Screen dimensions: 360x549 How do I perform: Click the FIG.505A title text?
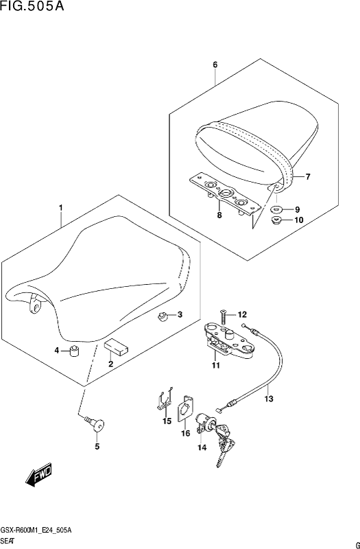click(32, 6)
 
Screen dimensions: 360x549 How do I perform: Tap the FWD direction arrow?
click(39, 475)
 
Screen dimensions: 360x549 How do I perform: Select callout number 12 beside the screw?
click(242, 315)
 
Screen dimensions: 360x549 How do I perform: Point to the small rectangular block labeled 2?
click(117, 347)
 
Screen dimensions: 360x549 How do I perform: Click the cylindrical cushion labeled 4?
click(74, 350)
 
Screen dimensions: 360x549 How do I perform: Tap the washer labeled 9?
click(276, 209)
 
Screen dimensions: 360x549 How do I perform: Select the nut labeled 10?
click(276, 220)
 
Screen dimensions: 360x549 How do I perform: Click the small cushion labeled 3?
click(162, 316)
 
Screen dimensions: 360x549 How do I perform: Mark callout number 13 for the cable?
click(269, 399)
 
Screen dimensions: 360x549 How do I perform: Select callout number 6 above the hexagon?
click(215, 65)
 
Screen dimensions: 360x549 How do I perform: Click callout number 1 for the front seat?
click(60, 208)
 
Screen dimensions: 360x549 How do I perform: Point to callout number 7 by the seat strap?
click(307, 177)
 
